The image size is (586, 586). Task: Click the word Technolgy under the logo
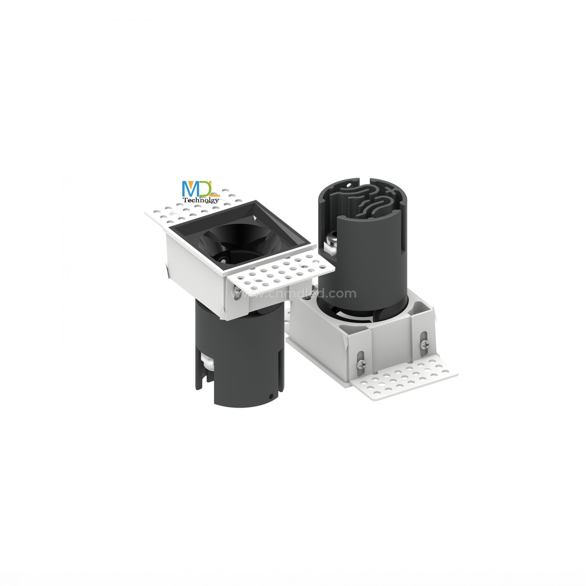coord(201,200)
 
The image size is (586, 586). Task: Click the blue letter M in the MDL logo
coord(190,189)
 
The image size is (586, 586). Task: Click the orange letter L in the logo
coord(215,191)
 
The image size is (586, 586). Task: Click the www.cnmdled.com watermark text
coord(293,294)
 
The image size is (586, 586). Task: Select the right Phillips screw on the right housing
coord(423,345)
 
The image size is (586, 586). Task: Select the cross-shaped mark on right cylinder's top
coord(390,190)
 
